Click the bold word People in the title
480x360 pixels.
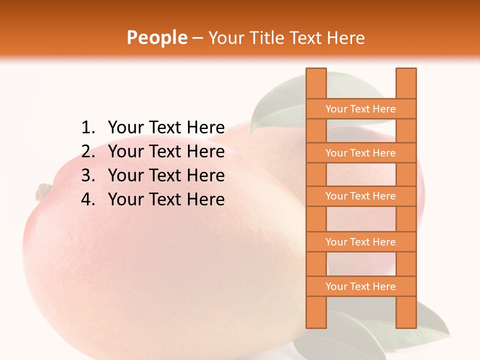coord(156,37)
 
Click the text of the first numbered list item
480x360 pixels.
coord(166,127)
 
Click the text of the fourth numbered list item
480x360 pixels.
coord(166,199)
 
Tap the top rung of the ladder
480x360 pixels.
coord(360,109)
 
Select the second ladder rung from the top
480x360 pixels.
coord(360,153)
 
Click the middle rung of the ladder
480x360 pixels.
coord(360,196)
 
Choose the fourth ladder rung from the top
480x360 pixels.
coord(360,242)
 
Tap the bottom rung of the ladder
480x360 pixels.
coord(360,286)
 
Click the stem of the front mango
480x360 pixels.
coord(43,190)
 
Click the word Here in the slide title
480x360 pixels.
coord(346,37)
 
